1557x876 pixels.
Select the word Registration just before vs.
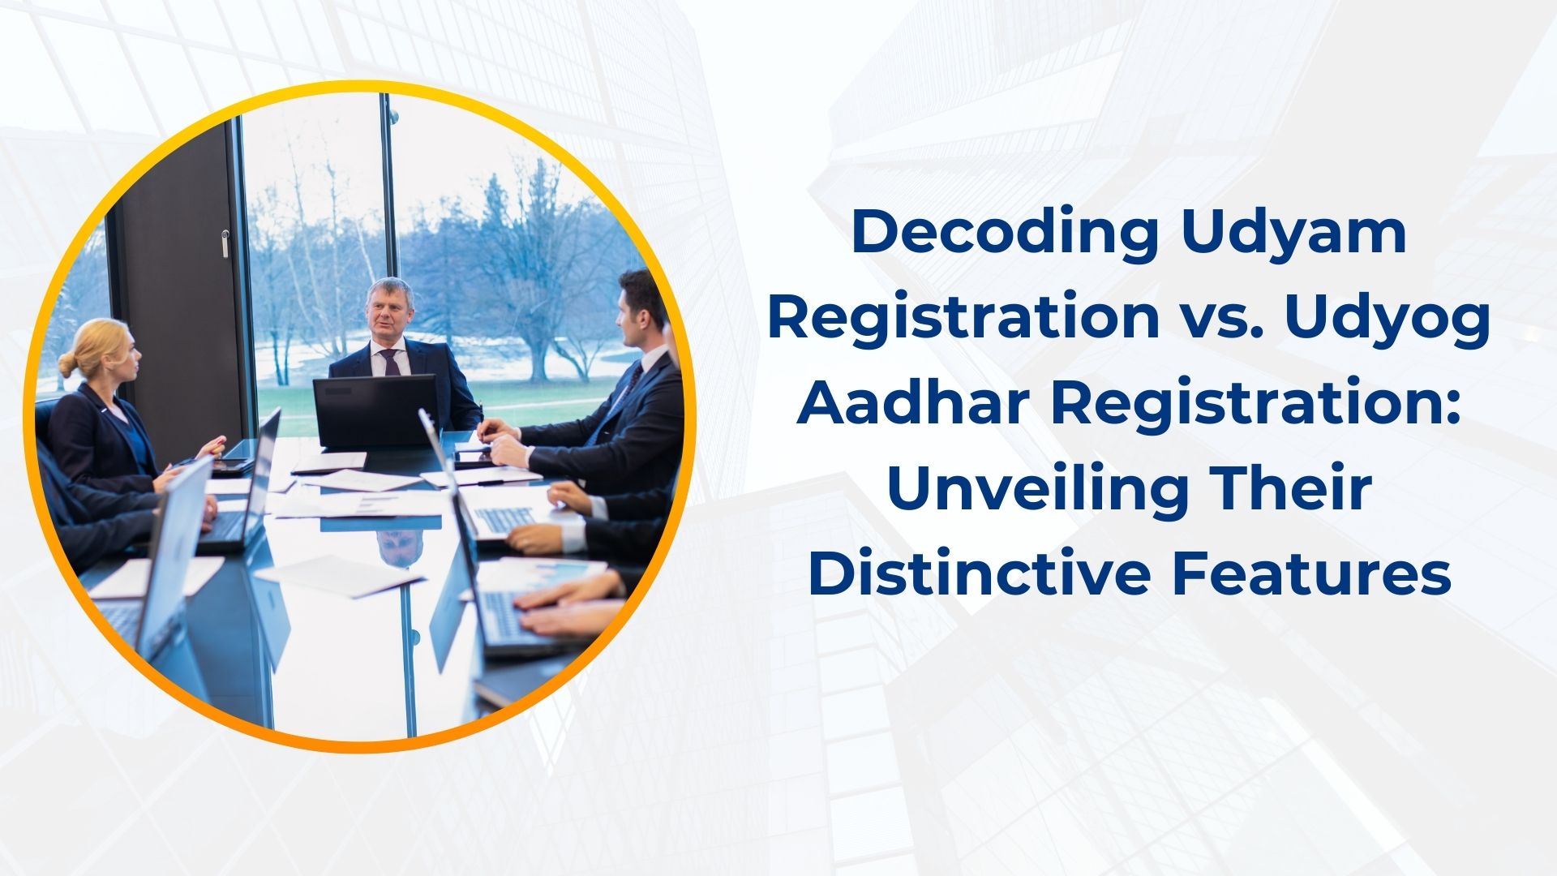tap(963, 319)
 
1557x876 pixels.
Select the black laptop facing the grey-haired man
tap(375, 411)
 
